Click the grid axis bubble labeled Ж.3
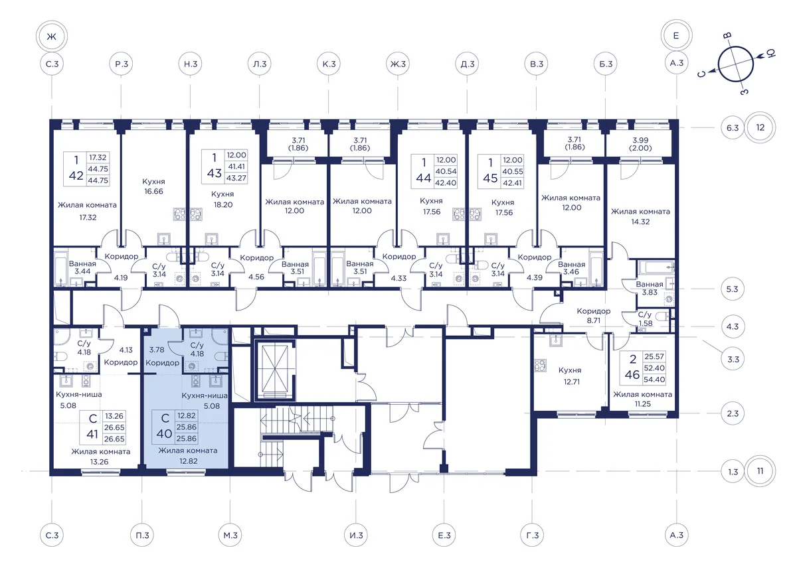[x=398, y=64]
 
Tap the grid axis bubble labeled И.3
[x=356, y=535]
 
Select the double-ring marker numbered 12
[x=760, y=127]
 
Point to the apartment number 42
[x=76, y=175]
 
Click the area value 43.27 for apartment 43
[x=236, y=178]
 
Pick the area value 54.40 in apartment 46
[x=654, y=380]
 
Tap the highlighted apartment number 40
[x=164, y=433]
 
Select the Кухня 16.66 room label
[x=153, y=186]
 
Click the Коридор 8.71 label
[x=594, y=316]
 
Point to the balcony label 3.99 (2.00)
[x=640, y=144]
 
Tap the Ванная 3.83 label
[x=650, y=289]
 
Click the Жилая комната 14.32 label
[x=640, y=216]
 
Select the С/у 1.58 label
[x=645, y=319]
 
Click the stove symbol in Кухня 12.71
[x=540, y=366]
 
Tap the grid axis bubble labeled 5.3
[x=732, y=289]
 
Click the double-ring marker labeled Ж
[x=52, y=36]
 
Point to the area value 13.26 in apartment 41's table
[x=114, y=416]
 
